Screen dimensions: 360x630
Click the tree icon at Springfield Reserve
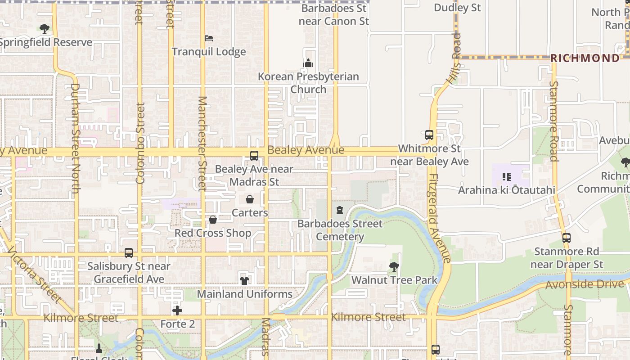point(44,29)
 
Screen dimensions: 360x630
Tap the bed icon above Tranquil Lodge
point(209,38)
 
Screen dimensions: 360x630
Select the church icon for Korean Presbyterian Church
point(308,63)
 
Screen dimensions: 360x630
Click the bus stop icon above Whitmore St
point(429,135)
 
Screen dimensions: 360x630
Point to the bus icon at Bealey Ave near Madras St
point(254,156)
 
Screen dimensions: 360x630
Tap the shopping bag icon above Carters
point(250,199)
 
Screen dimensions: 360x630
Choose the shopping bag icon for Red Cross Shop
point(213,220)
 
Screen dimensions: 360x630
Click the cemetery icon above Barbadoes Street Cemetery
point(340,210)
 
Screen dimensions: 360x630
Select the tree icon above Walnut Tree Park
point(394,267)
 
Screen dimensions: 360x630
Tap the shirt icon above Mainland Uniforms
point(244,280)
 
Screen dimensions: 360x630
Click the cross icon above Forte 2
point(177,310)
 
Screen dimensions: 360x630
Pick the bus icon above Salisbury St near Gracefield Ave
point(129,253)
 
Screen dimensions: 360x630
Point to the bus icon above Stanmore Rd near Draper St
point(567,238)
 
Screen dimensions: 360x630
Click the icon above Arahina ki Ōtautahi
point(506,177)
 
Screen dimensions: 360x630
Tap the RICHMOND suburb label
point(585,58)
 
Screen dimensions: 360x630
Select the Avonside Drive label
point(585,284)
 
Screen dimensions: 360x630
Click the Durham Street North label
point(75,138)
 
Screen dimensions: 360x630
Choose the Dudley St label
point(457,8)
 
